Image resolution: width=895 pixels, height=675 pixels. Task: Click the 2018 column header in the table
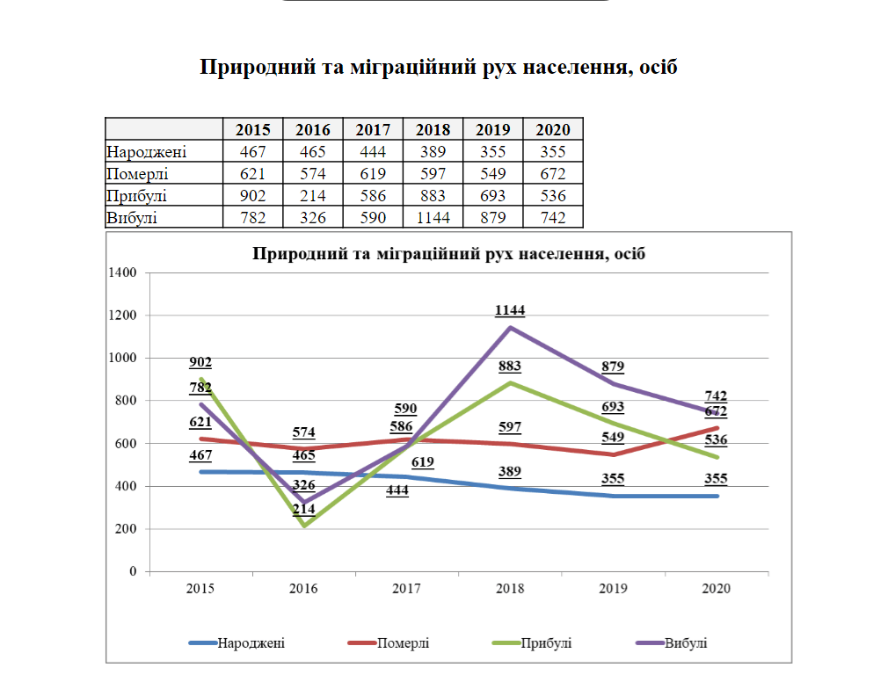[x=433, y=129]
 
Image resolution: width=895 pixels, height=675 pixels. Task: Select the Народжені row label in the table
[x=146, y=151]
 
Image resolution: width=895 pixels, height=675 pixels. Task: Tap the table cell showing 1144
[x=433, y=217]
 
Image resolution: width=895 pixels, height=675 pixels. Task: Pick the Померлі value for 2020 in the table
[x=553, y=173]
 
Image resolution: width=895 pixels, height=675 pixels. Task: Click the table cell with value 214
[x=313, y=195]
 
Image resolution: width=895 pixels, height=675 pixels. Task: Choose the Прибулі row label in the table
[x=137, y=195]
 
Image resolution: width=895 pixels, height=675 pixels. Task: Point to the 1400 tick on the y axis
[x=122, y=272]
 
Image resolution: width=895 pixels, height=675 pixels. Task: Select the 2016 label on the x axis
[x=303, y=588]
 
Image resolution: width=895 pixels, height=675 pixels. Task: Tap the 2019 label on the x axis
[x=613, y=588]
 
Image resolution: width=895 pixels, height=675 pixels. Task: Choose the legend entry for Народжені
[x=251, y=643]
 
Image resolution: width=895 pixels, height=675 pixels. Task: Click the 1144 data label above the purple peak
[x=510, y=310]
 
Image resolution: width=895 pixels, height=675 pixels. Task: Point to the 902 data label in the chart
[x=200, y=362]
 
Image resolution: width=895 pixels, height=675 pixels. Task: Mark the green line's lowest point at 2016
[x=304, y=526]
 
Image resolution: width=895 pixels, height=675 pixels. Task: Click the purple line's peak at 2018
[x=511, y=327]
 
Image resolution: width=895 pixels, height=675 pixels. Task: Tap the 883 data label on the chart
[x=510, y=367]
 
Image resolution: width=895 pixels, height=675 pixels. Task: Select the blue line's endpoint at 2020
[x=717, y=496]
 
